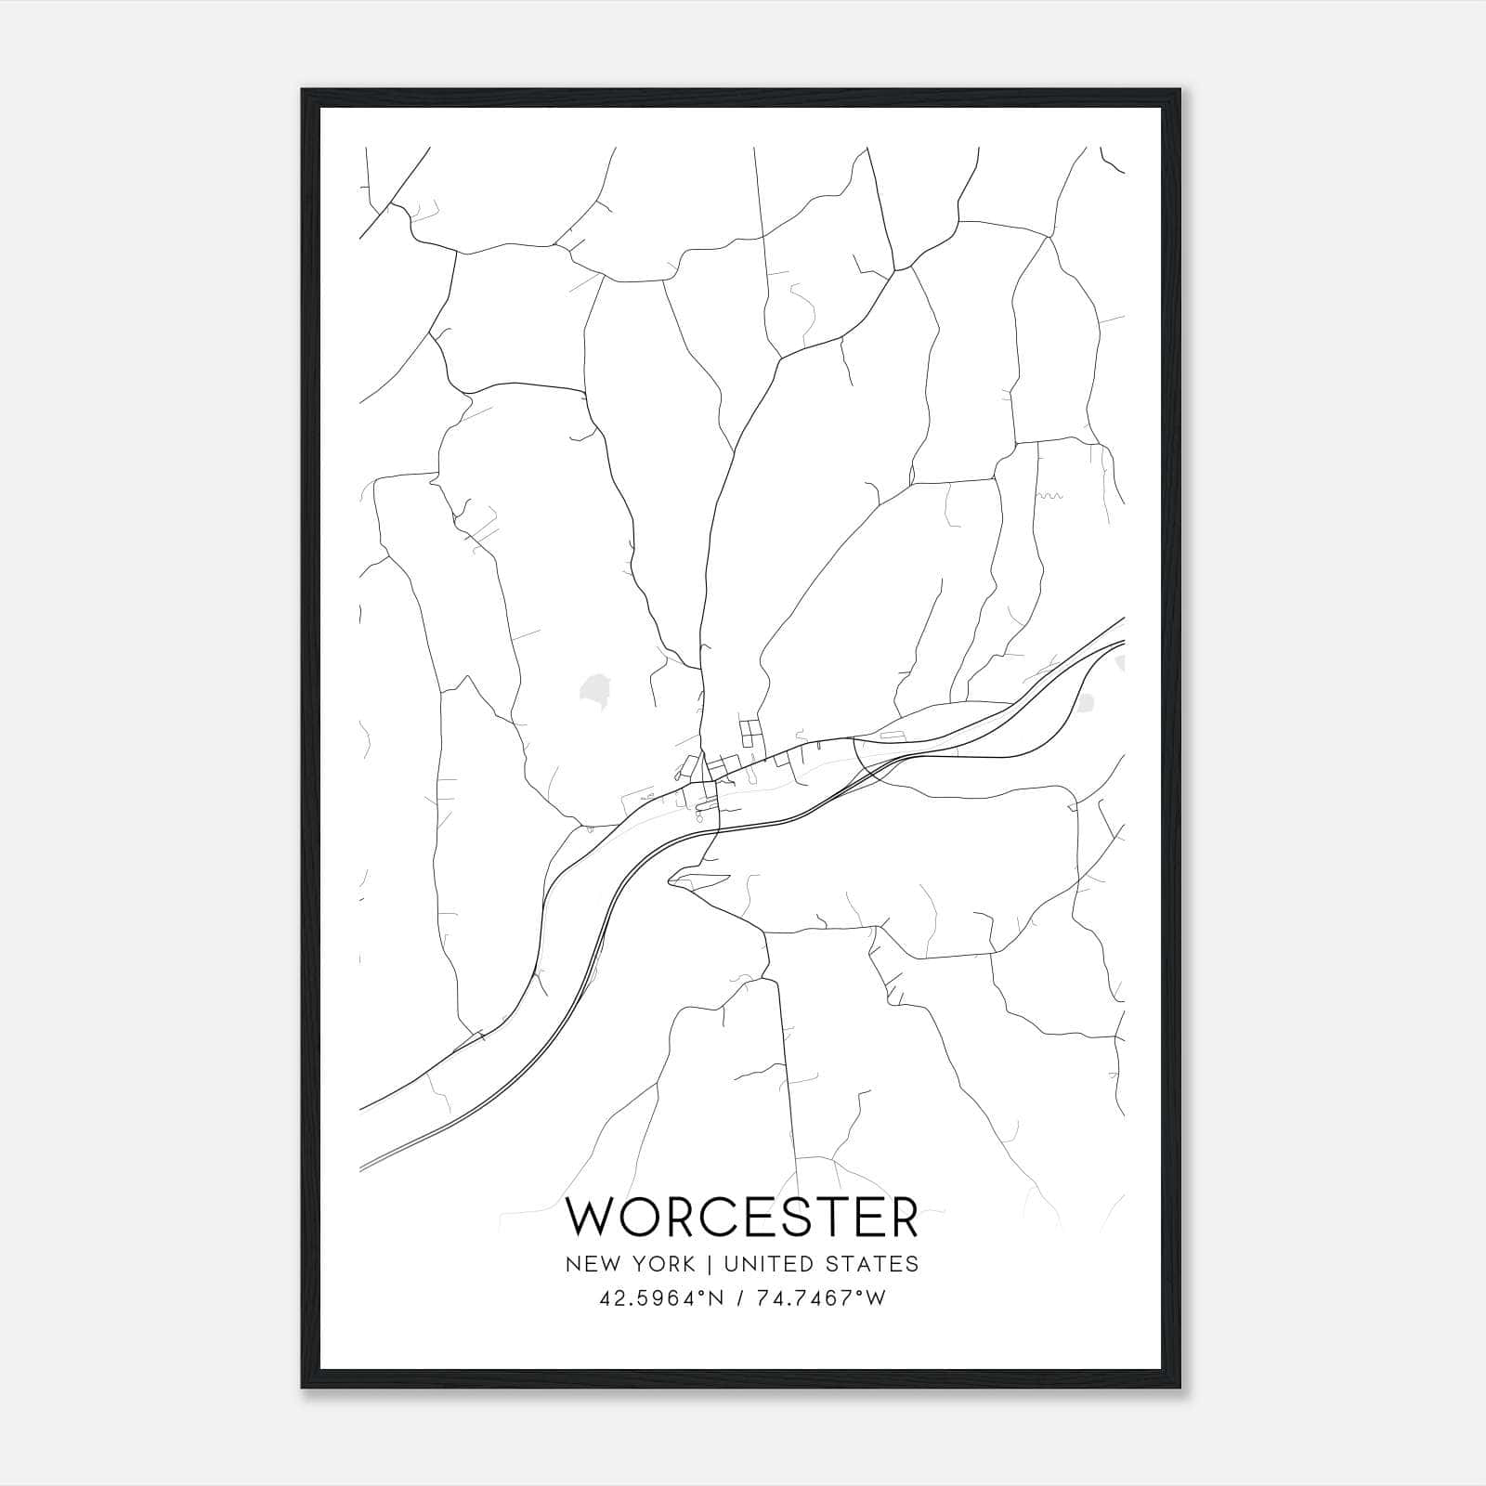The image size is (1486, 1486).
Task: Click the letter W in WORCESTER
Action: tap(595, 1218)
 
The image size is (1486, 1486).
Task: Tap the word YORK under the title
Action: tap(661, 1263)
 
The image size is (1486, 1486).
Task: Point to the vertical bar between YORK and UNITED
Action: tap(709, 1263)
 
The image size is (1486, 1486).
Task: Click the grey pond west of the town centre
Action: tap(592, 690)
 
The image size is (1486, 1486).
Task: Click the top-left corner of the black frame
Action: tap(304, 91)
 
